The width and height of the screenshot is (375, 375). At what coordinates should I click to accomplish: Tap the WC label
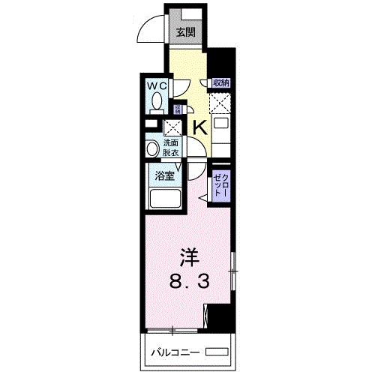tap(157, 86)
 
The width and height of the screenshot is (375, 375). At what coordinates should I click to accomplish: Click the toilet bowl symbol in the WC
tap(157, 102)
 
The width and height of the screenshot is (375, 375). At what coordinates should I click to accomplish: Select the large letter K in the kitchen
tap(199, 127)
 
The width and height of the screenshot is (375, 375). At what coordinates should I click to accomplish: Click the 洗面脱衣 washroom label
tap(170, 147)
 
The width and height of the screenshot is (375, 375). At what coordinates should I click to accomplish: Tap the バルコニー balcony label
tap(176, 351)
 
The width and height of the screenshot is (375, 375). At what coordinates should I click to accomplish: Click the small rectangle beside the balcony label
tap(216, 351)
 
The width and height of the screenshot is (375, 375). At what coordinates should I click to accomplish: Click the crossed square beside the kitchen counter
tap(220, 102)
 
